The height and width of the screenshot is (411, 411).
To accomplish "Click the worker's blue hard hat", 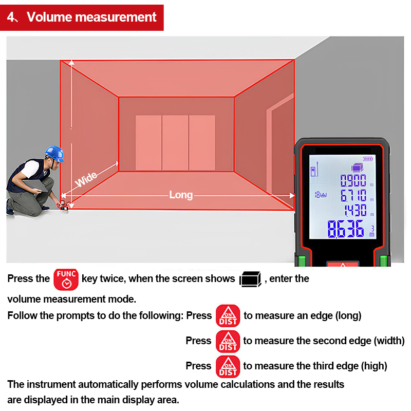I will pyautogui.click(x=54, y=153).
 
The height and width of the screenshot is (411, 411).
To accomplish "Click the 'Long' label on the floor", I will pyautogui.click(x=181, y=195).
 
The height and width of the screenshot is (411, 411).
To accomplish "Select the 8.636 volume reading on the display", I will pyautogui.click(x=346, y=229).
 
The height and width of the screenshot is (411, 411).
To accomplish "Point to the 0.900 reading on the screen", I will pyautogui.click(x=353, y=180).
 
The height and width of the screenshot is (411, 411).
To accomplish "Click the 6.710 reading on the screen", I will pyautogui.click(x=353, y=195).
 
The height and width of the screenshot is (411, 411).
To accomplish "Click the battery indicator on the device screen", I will pyautogui.click(x=368, y=159).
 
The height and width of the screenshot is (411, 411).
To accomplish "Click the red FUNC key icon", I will pyautogui.click(x=66, y=278).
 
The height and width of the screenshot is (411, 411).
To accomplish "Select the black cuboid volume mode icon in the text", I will pyautogui.click(x=251, y=279).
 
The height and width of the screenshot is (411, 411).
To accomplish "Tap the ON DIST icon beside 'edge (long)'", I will pyautogui.click(x=228, y=316).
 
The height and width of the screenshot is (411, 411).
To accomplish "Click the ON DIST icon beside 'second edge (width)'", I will pyautogui.click(x=228, y=341).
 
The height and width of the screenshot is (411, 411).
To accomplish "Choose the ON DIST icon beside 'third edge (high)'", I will pyautogui.click(x=228, y=366).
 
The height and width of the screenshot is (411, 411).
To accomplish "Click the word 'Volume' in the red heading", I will pyautogui.click(x=49, y=17).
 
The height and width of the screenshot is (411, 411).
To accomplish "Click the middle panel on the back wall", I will pyautogui.click(x=175, y=143).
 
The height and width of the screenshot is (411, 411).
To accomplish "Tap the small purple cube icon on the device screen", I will pyautogui.click(x=356, y=166).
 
